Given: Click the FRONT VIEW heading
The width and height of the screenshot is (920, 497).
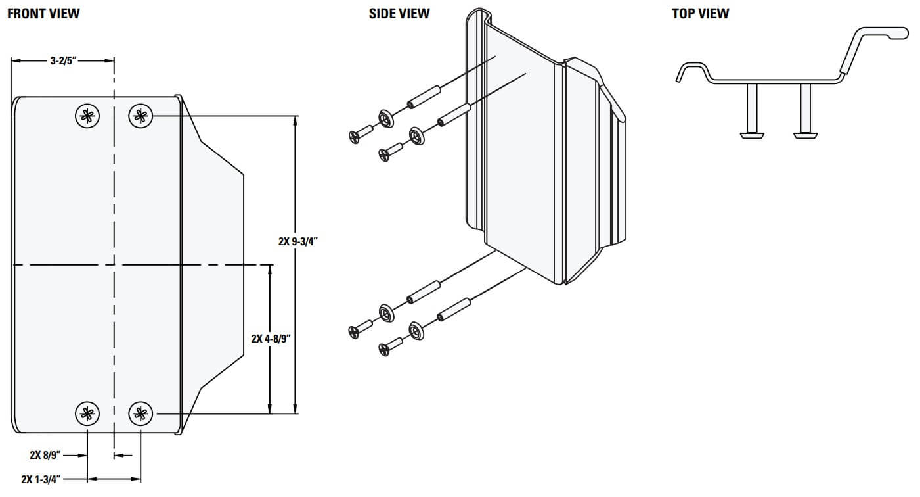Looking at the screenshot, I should pos(43,14).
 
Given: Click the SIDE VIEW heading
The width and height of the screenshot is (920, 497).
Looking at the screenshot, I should pos(399,14).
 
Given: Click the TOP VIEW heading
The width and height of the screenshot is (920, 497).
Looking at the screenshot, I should pos(700,14).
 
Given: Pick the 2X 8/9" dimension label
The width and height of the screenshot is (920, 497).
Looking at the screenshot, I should pos(45,454).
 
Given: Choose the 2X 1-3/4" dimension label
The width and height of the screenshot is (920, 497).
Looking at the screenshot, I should pos(41,479).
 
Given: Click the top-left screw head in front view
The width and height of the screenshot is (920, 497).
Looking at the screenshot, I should pos(87,116).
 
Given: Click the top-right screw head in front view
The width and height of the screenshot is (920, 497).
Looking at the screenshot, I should pos(140,116).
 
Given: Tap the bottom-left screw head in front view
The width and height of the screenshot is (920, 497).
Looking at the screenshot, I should pos(87,413).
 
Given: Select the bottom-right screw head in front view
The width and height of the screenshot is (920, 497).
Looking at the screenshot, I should pos(140,413).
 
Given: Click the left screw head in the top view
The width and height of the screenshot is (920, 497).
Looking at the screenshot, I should pos(752,135).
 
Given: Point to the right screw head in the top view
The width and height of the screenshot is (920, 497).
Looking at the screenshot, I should pos(805,135).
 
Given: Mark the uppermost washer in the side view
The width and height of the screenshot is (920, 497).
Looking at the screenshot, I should pos(386,119).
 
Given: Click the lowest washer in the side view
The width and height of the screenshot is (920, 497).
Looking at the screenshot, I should pos(417,331).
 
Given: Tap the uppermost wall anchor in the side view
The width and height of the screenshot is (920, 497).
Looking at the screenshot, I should pos(424,97).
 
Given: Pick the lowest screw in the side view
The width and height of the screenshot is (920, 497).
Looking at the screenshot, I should pos(390,346).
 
